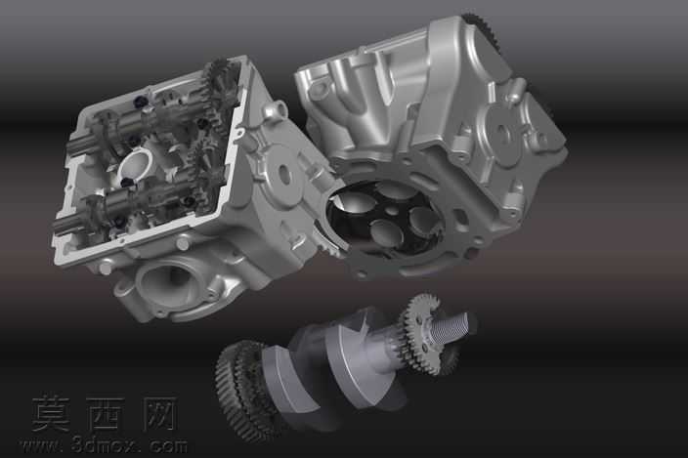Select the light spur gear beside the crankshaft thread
(x=423, y=333)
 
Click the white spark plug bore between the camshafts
(x=135, y=165)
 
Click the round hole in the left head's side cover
(x=283, y=174)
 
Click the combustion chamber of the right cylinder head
(x=386, y=219)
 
